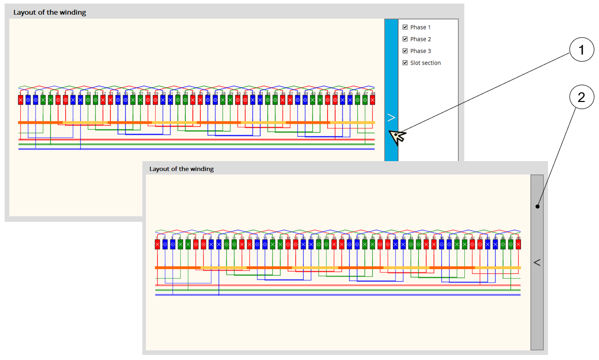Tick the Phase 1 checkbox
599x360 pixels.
(x=405, y=27)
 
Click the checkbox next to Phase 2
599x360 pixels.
(x=405, y=39)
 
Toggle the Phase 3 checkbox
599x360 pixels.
(x=405, y=50)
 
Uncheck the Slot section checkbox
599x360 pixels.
(x=405, y=63)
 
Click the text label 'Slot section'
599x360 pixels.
(x=425, y=63)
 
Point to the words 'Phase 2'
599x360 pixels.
(x=420, y=39)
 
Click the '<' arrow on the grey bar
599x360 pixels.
(x=537, y=262)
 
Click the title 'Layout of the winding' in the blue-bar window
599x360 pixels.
(x=49, y=12)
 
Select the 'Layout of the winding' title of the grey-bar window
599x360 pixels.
(x=181, y=168)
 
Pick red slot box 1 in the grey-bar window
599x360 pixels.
(x=157, y=245)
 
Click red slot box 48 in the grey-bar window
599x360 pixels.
(x=518, y=245)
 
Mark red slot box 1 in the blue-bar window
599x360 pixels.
(x=20, y=100)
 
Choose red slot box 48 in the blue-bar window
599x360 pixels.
(x=372, y=100)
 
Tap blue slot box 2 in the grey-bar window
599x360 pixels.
(x=165, y=245)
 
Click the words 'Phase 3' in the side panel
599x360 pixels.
(x=420, y=50)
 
